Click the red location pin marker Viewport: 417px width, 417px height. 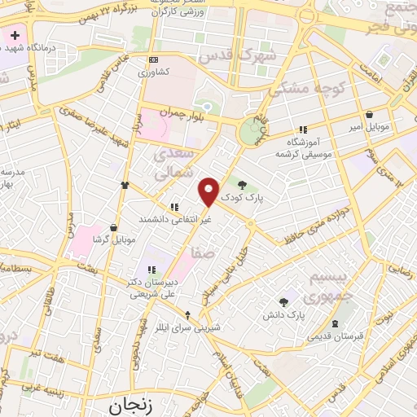[209, 191]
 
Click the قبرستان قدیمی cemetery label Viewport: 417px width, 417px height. [335, 336]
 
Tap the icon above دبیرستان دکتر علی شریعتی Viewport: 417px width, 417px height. [150, 270]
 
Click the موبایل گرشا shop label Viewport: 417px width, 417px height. [112, 239]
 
